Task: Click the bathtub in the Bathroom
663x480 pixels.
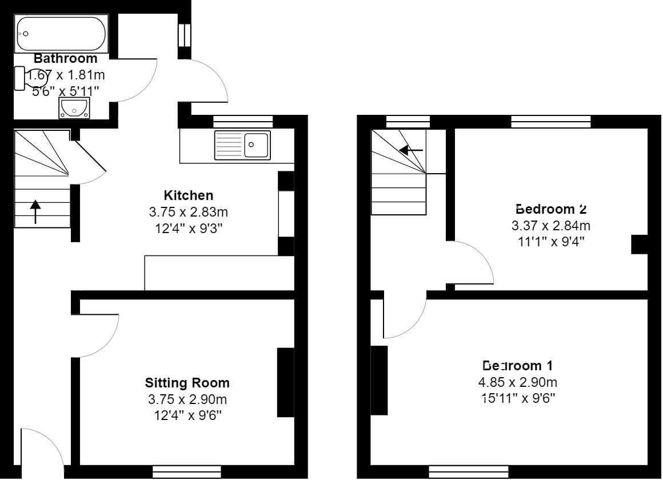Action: pyautogui.click(x=61, y=34)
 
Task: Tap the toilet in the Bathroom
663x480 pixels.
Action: pyautogui.click(x=21, y=78)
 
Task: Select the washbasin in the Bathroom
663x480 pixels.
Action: pyautogui.click(x=74, y=107)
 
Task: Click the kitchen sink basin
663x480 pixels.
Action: pyautogui.click(x=257, y=145)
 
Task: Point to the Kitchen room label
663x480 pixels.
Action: pyautogui.click(x=188, y=195)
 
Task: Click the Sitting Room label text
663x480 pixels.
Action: pyautogui.click(x=187, y=383)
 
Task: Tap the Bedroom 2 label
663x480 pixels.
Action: pyautogui.click(x=550, y=209)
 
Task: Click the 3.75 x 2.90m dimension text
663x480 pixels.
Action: pyautogui.click(x=188, y=399)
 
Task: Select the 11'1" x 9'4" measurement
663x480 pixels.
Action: pyautogui.click(x=550, y=242)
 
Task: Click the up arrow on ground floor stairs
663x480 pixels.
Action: pyautogui.click(x=35, y=211)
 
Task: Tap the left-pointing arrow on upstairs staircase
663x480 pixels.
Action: pyautogui.click(x=411, y=150)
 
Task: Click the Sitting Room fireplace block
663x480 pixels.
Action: pyautogui.click(x=285, y=382)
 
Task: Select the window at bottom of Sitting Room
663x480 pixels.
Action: pyautogui.click(x=187, y=471)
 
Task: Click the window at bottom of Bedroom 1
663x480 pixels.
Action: pyautogui.click(x=469, y=471)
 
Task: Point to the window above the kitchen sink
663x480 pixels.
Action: pyautogui.click(x=243, y=121)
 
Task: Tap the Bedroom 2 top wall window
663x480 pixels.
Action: pyautogui.click(x=550, y=121)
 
